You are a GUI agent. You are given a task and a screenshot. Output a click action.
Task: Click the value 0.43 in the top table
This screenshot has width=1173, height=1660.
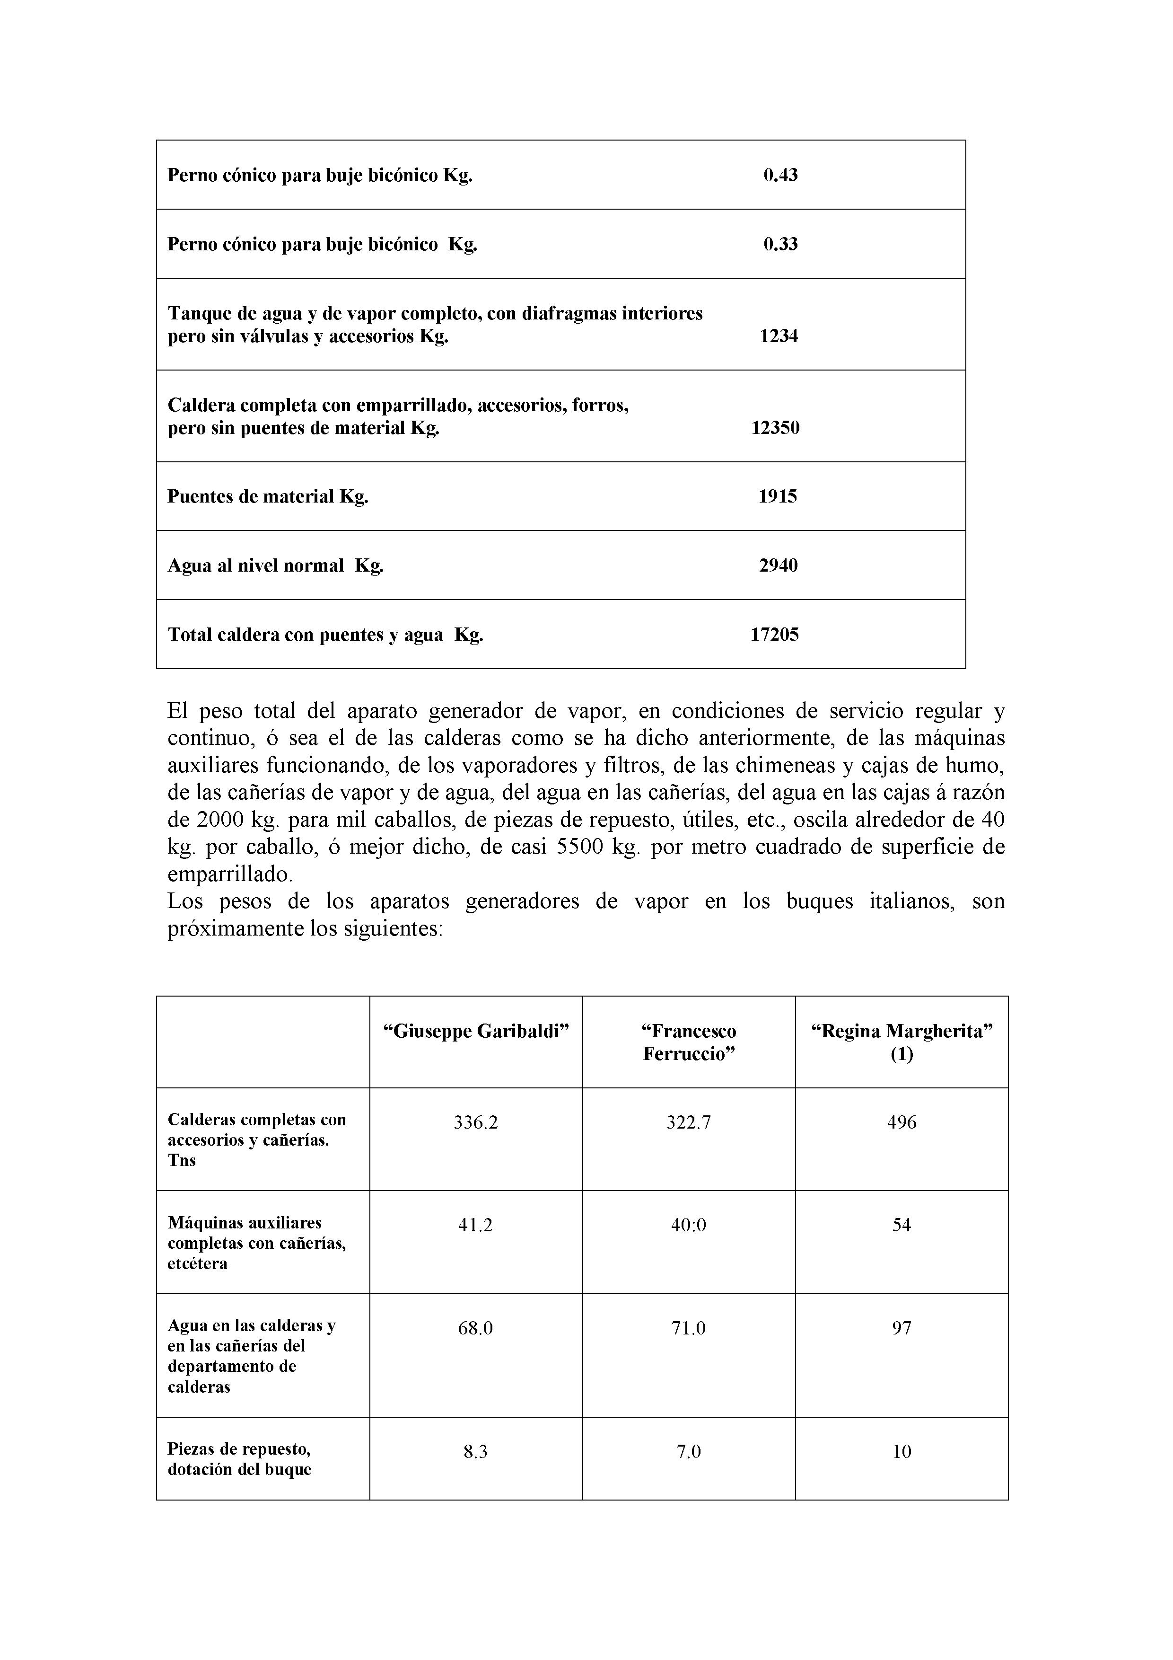[780, 175]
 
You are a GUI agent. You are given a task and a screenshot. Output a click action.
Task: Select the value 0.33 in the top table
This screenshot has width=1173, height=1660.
[780, 244]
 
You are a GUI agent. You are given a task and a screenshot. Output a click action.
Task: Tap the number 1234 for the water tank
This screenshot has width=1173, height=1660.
[779, 336]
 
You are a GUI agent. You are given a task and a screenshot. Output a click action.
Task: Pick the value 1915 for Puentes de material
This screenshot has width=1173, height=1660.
[777, 497]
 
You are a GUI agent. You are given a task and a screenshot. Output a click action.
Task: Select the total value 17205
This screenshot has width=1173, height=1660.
[774, 635]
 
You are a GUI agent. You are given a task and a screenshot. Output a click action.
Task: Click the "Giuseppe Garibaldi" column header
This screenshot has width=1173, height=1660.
[475, 1032]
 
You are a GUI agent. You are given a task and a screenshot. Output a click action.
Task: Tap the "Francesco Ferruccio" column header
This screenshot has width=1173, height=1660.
[689, 1042]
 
